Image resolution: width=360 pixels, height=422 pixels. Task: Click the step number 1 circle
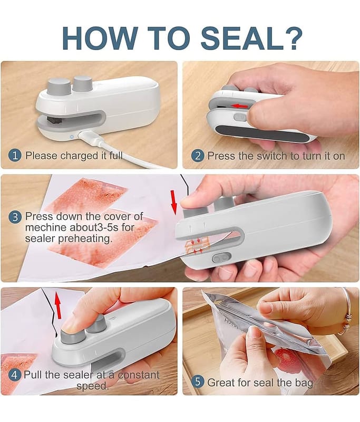point(15,156)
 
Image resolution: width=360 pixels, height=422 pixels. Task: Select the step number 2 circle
point(198,156)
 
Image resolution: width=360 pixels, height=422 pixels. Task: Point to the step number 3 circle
point(15,217)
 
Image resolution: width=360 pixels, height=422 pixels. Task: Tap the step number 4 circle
point(14,375)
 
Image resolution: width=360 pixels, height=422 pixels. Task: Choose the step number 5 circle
point(198,382)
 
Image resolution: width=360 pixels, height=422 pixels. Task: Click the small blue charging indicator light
point(72,137)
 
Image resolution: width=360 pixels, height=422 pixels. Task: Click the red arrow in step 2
point(239,106)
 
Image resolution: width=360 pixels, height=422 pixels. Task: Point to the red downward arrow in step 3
point(174,203)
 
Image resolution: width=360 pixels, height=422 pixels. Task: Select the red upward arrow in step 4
point(57,305)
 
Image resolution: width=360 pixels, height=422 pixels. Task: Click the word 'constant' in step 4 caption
point(139,375)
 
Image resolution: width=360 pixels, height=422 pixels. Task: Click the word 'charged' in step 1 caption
point(79,156)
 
